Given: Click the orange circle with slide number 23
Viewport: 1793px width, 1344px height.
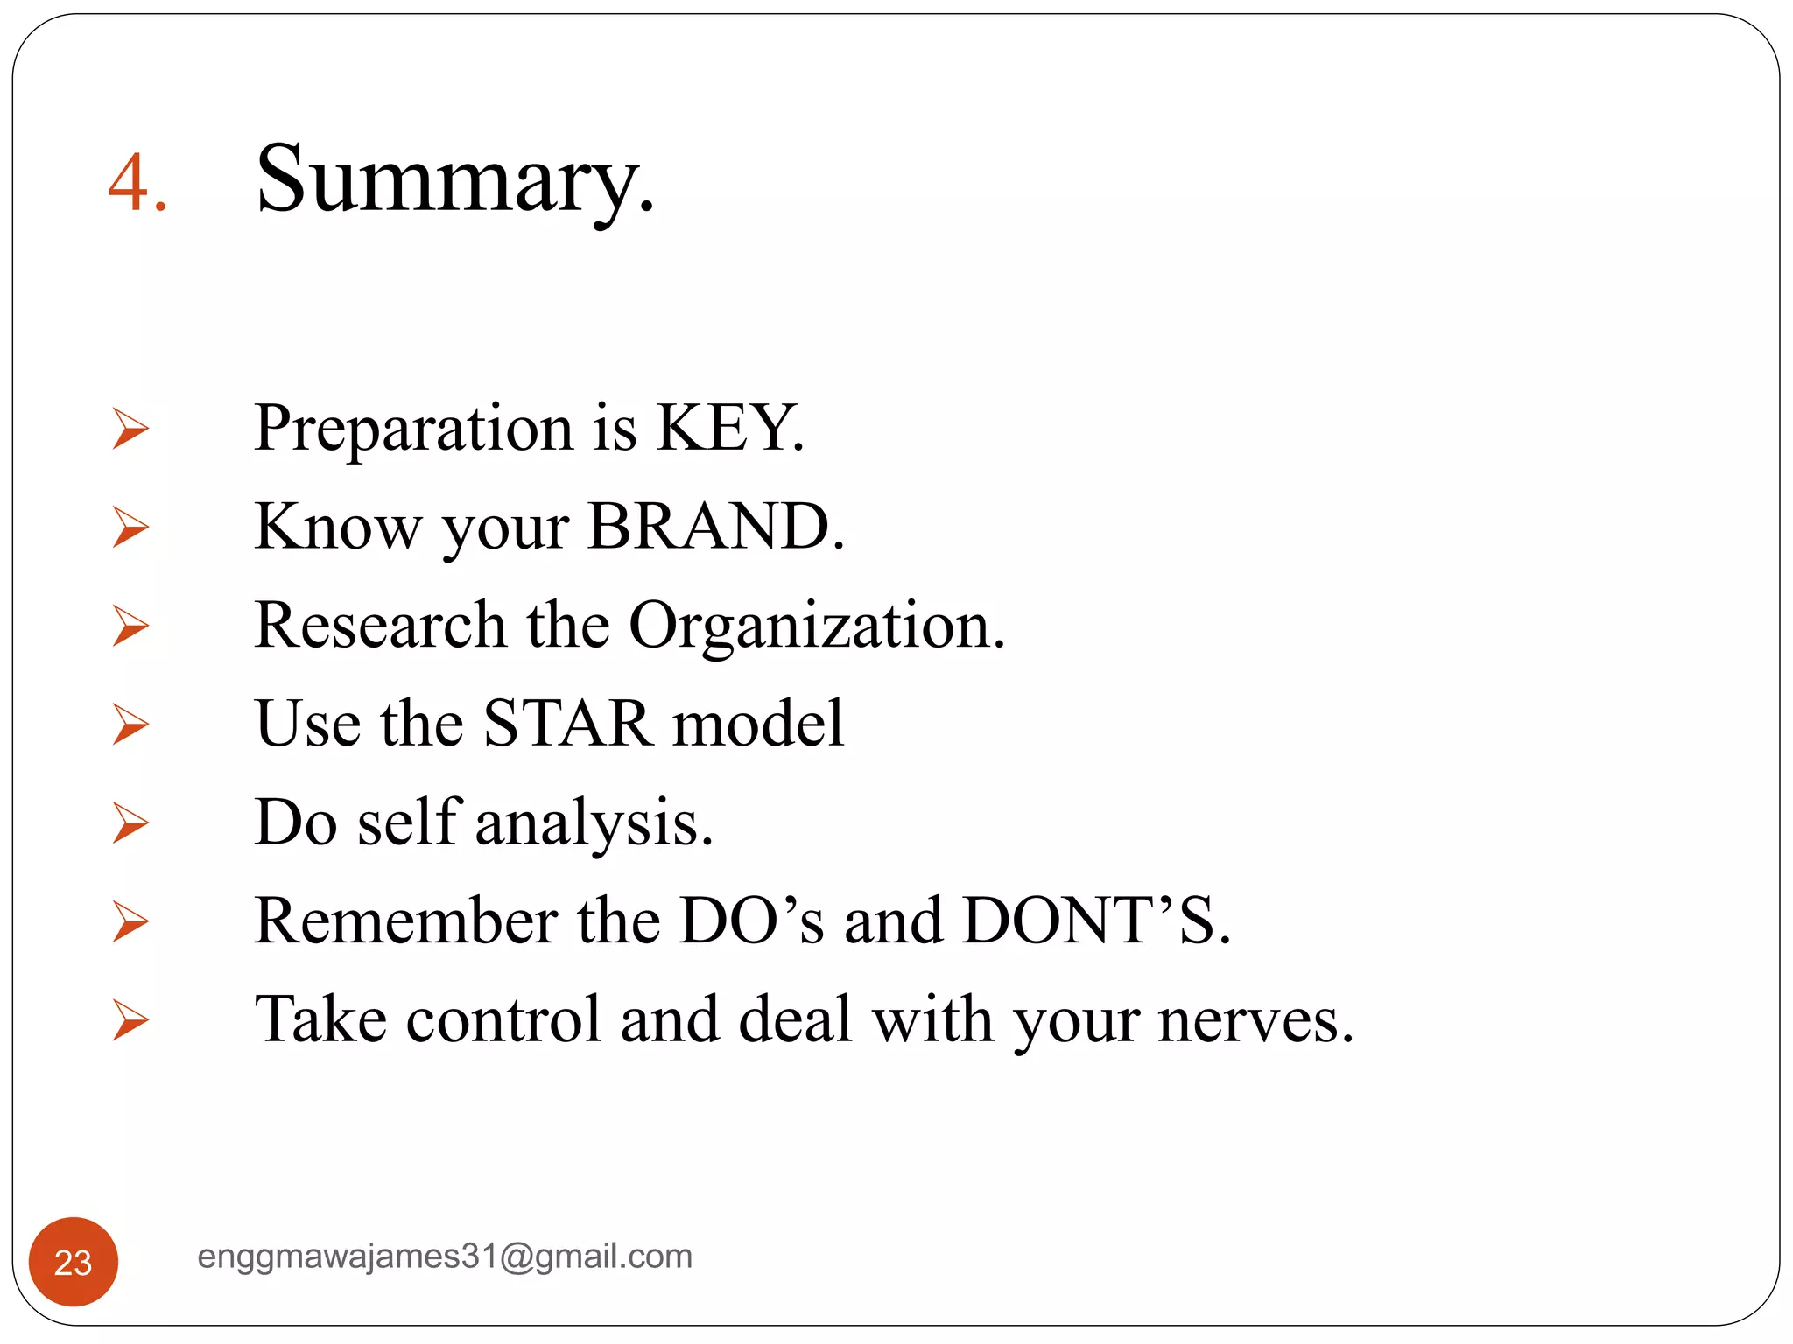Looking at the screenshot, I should (x=74, y=1262).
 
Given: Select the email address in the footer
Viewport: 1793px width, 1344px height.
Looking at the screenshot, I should (x=445, y=1256).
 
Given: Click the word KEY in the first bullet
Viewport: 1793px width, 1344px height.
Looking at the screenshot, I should (x=728, y=428).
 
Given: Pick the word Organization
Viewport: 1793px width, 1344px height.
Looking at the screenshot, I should (x=816, y=626).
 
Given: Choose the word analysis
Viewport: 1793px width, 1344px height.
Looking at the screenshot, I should (x=594, y=823).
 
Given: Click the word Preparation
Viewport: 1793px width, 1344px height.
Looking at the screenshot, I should (x=413, y=429).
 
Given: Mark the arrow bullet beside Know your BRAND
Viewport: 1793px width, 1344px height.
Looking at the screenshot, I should (x=130, y=528).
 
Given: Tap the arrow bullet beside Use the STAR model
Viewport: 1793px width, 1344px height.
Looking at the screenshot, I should (x=130, y=724).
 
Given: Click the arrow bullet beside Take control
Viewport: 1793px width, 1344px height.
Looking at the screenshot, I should (x=130, y=1020).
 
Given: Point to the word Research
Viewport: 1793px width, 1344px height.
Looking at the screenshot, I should (x=380, y=626).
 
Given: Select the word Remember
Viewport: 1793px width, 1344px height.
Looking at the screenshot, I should (x=405, y=921).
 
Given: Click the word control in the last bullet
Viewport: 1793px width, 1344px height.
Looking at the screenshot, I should (x=503, y=1020).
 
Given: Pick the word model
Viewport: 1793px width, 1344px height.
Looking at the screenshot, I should (x=757, y=724).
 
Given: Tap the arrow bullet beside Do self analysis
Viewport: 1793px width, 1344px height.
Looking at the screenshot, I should (x=130, y=823).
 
